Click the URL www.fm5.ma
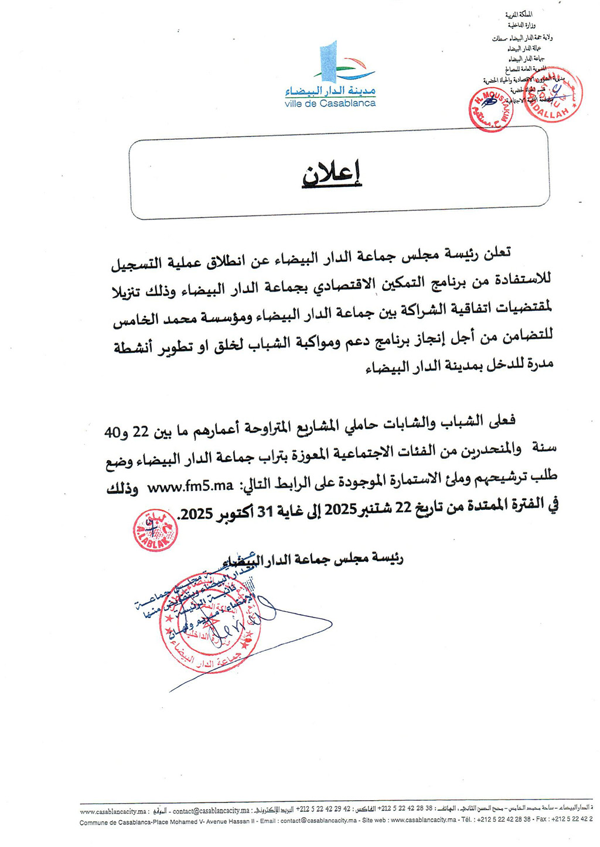point(190,486)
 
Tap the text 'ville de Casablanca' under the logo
point(330,104)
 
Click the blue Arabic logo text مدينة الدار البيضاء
point(330,91)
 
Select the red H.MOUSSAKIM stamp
point(491,109)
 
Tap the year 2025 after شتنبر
point(341,509)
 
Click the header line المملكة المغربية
point(519,14)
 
